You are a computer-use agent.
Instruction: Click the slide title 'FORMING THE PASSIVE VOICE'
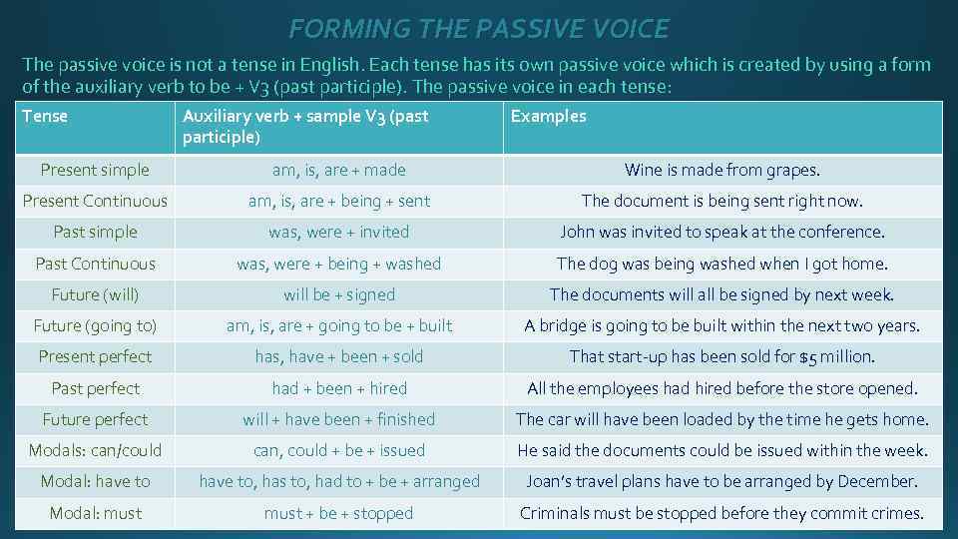[x=479, y=29]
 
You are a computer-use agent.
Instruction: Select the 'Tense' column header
[x=45, y=116]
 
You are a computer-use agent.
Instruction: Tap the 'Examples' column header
[x=548, y=116]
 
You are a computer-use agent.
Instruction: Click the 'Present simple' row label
[x=95, y=170]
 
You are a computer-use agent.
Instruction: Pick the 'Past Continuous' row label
[x=95, y=264]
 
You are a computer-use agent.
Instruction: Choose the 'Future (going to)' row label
[x=95, y=325]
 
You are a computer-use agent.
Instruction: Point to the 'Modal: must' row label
[x=95, y=513]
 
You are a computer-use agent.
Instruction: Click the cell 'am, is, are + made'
[x=338, y=170]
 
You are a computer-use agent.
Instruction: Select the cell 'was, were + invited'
[x=338, y=232]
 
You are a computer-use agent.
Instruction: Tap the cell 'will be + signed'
[x=338, y=294]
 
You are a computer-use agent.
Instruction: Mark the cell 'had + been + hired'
[x=338, y=388]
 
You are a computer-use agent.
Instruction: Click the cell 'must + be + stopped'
[x=338, y=513]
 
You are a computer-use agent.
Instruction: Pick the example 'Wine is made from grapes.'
[x=721, y=170]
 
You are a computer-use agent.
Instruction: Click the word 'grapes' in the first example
[x=791, y=171]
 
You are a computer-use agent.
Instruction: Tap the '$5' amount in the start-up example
[x=809, y=357]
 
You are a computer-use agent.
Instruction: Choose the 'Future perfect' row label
[x=95, y=419]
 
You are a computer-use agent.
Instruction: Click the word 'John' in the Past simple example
[x=578, y=232]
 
